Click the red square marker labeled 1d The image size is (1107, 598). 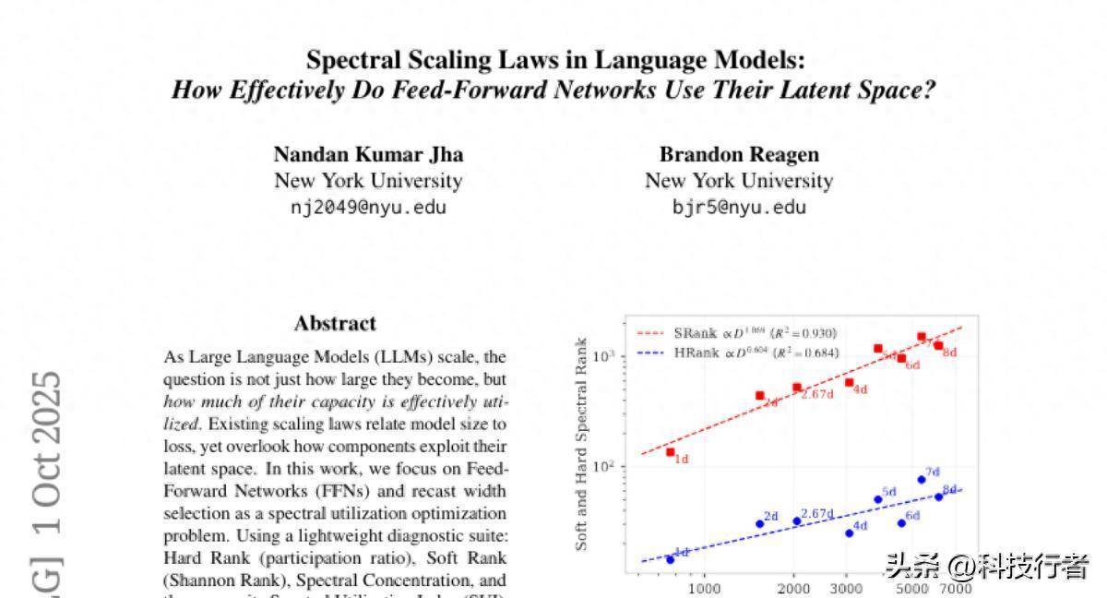pos(671,451)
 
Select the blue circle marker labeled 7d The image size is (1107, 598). pos(922,479)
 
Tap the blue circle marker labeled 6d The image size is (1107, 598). pos(901,523)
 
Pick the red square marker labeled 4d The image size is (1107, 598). pos(850,382)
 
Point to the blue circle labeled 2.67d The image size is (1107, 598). pos(797,520)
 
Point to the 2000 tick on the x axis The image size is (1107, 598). pos(794,589)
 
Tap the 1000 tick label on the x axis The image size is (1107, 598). pos(704,589)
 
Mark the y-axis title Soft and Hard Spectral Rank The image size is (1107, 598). pos(582,444)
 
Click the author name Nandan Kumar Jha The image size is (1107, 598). pos(368,154)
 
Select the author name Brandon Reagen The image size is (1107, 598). pos(739,154)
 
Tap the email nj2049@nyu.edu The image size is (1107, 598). pos(368,207)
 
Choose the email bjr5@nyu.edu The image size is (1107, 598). pos(739,207)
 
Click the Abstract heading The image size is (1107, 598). pos(335,323)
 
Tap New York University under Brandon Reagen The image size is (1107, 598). pos(739,181)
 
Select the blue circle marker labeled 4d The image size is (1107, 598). pos(850,532)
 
